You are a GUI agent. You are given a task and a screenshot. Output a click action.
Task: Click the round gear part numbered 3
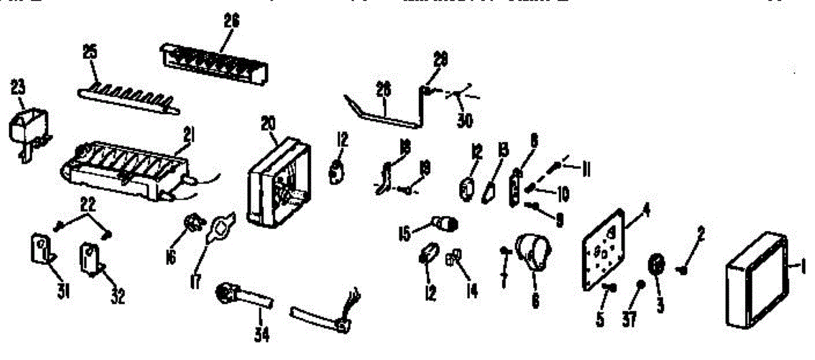(657, 265)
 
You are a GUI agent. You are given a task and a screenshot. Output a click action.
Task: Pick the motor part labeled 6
(532, 253)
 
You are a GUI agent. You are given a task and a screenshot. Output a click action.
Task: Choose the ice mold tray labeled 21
(126, 170)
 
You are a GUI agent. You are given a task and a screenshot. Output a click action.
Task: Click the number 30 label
(467, 122)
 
